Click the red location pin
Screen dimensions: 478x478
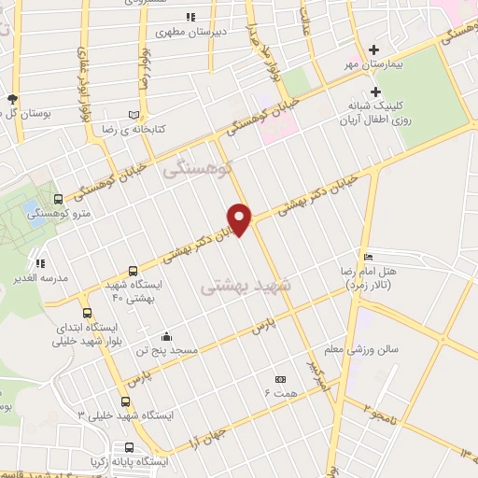click(240, 218)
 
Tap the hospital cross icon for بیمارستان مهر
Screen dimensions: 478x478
click(374, 49)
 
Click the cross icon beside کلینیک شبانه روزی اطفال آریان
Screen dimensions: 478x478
click(376, 91)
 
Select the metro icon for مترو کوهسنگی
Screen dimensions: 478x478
click(60, 199)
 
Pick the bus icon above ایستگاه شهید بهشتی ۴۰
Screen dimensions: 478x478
click(132, 270)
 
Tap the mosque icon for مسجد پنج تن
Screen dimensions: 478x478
click(166, 336)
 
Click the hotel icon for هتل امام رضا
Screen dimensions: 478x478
click(368, 257)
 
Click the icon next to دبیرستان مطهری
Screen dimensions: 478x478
click(190, 17)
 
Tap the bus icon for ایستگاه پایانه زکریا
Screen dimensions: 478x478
click(128, 447)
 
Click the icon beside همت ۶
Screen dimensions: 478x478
click(281, 379)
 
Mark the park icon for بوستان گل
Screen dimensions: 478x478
click(12, 98)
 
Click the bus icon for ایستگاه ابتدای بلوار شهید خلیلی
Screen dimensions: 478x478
click(88, 313)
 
